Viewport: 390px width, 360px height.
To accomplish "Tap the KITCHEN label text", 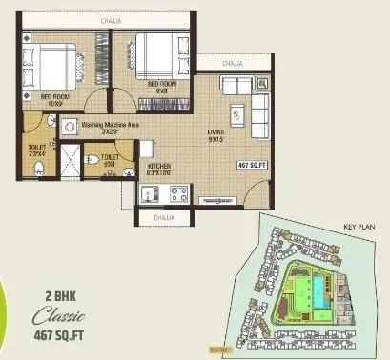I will tap(158, 168).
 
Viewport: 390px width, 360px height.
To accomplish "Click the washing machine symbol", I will tap(69, 125).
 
